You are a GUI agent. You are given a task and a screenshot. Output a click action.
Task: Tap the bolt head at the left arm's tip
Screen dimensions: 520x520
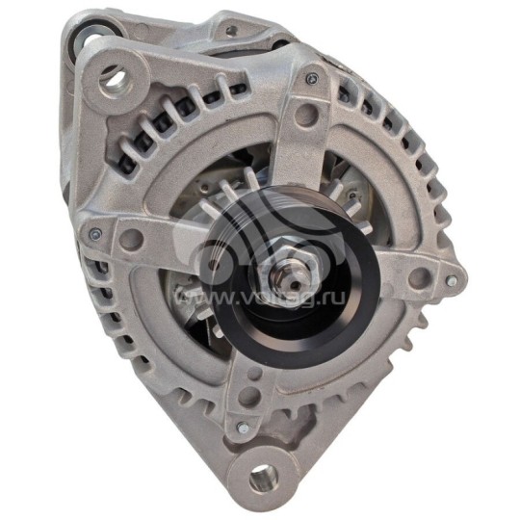coord(94,233)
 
